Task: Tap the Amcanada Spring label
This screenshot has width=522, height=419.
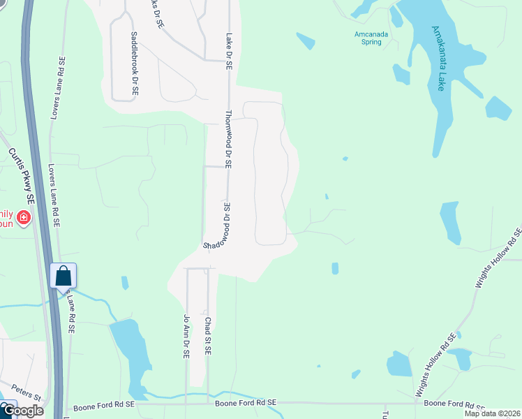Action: [367, 38]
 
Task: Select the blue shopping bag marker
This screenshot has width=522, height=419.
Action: [63, 277]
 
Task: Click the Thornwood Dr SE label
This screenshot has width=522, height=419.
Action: [228, 138]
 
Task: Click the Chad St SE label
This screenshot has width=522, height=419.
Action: [208, 336]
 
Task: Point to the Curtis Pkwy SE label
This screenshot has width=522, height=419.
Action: [21, 175]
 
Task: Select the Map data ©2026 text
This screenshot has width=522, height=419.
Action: [493, 413]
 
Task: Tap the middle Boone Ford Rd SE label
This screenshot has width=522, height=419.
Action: [246, 403]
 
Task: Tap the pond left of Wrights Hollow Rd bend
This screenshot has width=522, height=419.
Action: [399, 364]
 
